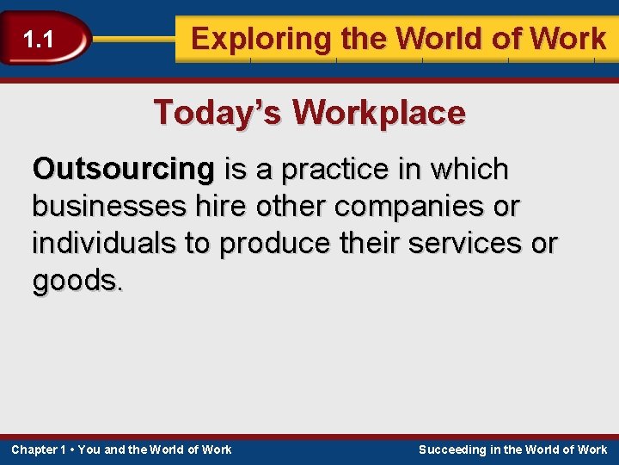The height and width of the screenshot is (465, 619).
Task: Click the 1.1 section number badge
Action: tap(39, 39)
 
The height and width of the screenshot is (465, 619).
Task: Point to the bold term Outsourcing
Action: tap(123, 170)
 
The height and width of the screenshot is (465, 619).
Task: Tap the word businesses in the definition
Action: tap(107, 207)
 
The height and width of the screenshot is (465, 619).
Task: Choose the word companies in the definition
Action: tap(408, 207)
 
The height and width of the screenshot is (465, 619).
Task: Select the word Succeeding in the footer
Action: tap(451, 449)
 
